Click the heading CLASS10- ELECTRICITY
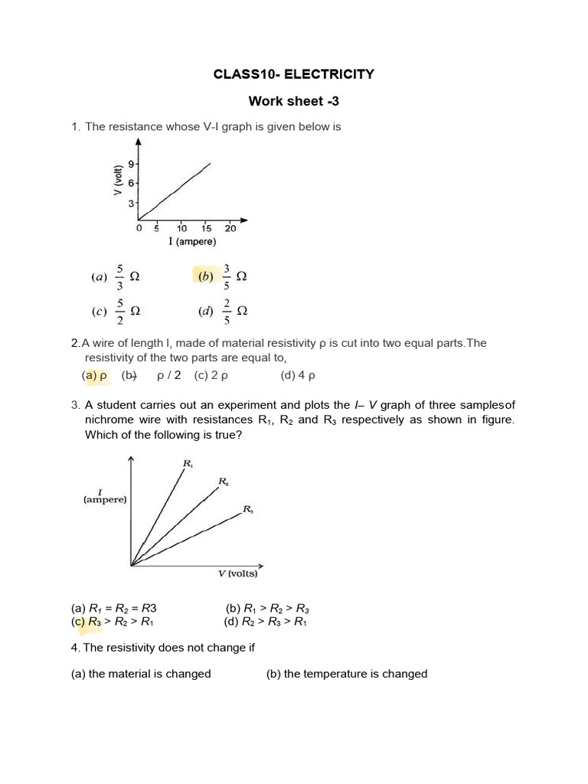tap(293, 74)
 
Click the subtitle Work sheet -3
tap(293, 101)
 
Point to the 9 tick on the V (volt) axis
tap(132, 164)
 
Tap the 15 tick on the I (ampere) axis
tap(207, 228)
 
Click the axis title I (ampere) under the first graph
tap(192, 242)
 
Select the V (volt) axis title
tap(119, 181)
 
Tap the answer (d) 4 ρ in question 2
tap(299, 375)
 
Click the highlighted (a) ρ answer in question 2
tap(95, 375)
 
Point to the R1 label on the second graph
tap(188, 463)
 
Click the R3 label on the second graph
tap(247, 508)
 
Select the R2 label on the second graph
tap(224, 481)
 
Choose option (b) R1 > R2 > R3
tap(267, 609)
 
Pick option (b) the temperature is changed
tap(346, 674)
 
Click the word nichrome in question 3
tap(109, 420)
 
